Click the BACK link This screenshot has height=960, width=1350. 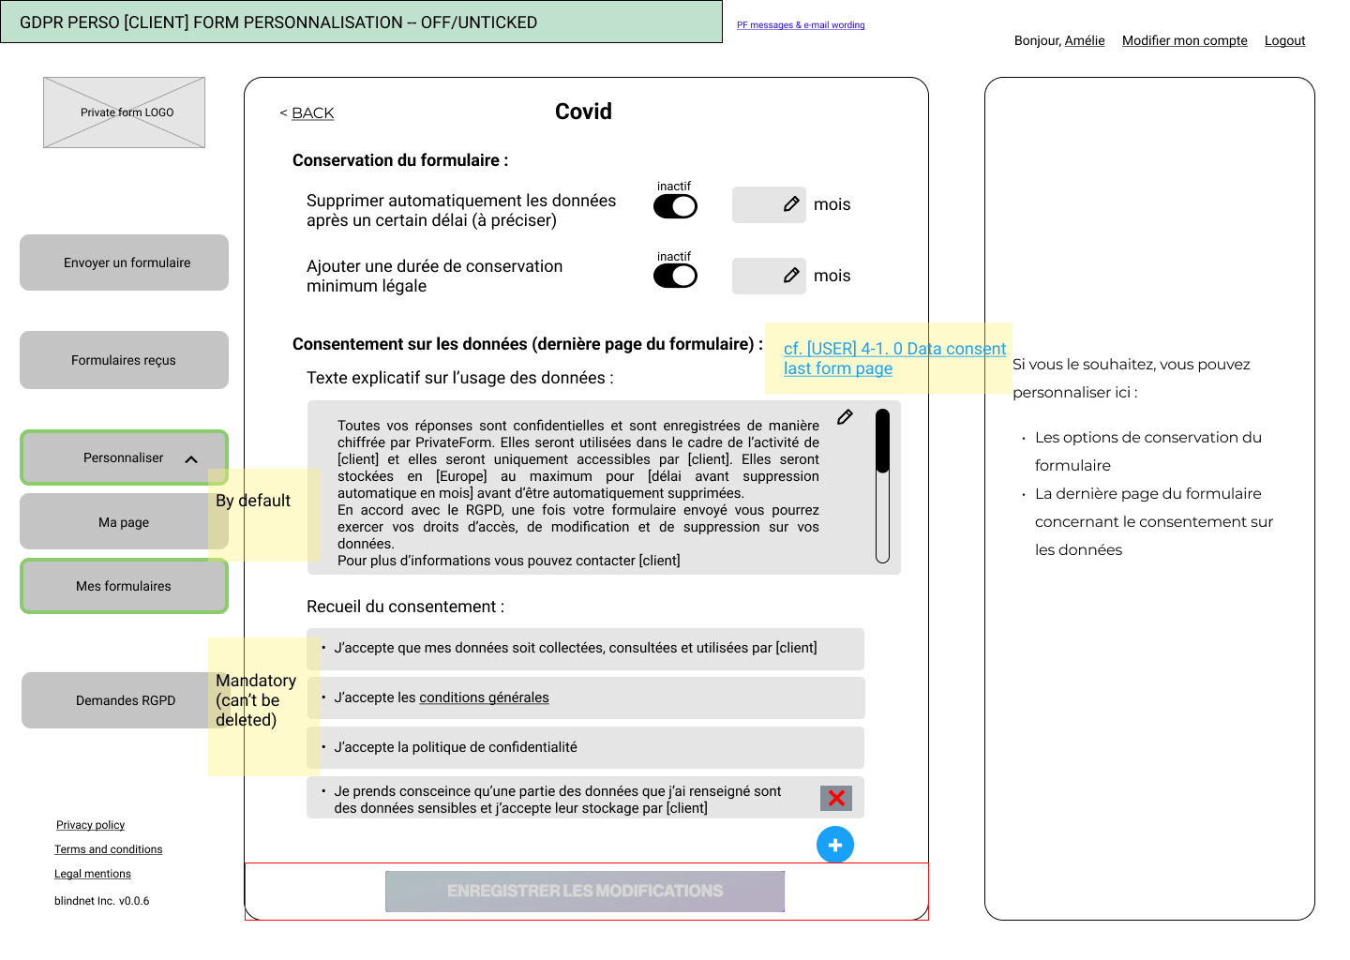pos(311,113)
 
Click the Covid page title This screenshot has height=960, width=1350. pos(583,112)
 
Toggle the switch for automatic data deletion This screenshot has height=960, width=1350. pos(675,206)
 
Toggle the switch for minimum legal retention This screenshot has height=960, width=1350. pos(675,276)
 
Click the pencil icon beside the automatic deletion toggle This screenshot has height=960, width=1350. pos(791,204)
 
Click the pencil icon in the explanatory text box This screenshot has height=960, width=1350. pos(845,417)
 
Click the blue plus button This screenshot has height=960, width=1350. pos(835,845)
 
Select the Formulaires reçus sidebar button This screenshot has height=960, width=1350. pos(124,360)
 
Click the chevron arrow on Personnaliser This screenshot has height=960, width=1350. pos(191,459)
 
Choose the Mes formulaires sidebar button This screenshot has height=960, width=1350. pos(124,586)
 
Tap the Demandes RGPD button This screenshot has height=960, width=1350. pos(125,700)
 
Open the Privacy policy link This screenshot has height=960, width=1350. pos(90,825)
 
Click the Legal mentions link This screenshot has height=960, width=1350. pos(93,874)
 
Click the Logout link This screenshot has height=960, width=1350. pos(1284,40)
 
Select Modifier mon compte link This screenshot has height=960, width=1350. pos(1184,40)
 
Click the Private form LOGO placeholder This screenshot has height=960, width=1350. pos(124,112)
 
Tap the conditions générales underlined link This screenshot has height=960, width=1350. pos(484,697)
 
